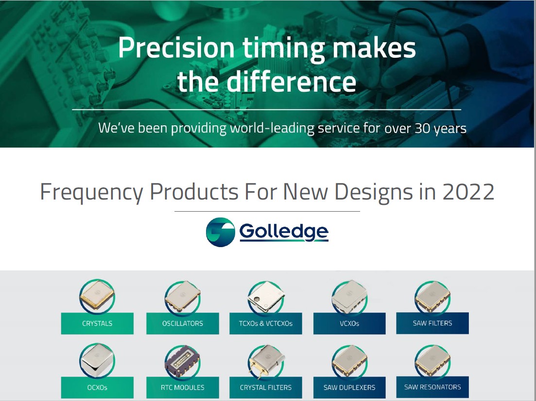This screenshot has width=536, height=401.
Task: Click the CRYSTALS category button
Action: [x=97, y=323]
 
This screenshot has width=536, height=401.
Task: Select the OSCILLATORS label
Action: [x=183, y=323]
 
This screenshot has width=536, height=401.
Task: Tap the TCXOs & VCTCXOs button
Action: [x=266, y=323]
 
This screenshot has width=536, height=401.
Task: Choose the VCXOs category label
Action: [x=349, y=323]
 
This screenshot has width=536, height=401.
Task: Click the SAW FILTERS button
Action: [x=432, y=323]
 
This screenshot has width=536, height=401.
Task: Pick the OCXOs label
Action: [x=97, y=387]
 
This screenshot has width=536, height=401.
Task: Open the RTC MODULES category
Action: [x=183, y=387]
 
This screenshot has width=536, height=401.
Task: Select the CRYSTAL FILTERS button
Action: [x=266, y=387]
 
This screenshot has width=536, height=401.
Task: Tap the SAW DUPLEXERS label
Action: [x=349, y=387]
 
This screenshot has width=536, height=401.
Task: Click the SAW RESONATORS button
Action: [x=432, y=387]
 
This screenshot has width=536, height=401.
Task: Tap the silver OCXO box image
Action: [x=97, y=360]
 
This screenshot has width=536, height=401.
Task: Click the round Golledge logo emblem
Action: [x=221, y=232]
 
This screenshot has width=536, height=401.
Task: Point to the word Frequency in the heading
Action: [x=91, y=192]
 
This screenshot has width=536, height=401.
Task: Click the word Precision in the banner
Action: [x=176, y=48]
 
